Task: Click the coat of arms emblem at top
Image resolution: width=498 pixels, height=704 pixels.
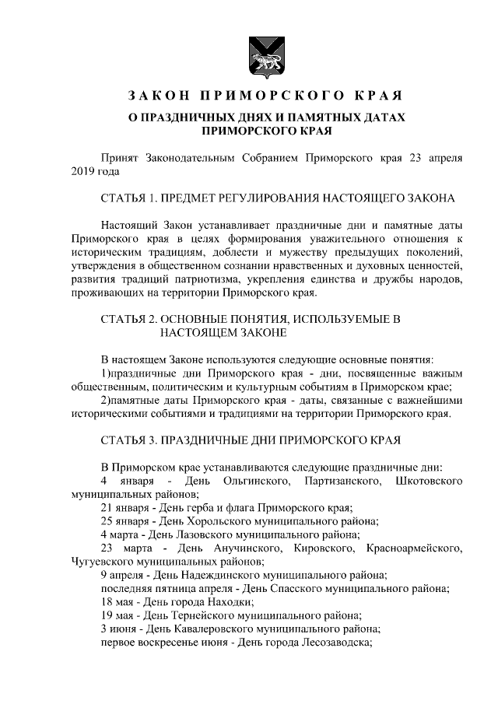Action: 259,53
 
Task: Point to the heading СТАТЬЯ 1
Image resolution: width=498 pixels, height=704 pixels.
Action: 130,198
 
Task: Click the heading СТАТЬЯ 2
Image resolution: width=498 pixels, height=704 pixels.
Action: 130,319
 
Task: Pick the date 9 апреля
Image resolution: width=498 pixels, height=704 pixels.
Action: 122,576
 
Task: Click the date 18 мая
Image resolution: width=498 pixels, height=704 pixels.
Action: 117,602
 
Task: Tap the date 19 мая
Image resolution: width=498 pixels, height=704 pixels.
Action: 117,615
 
